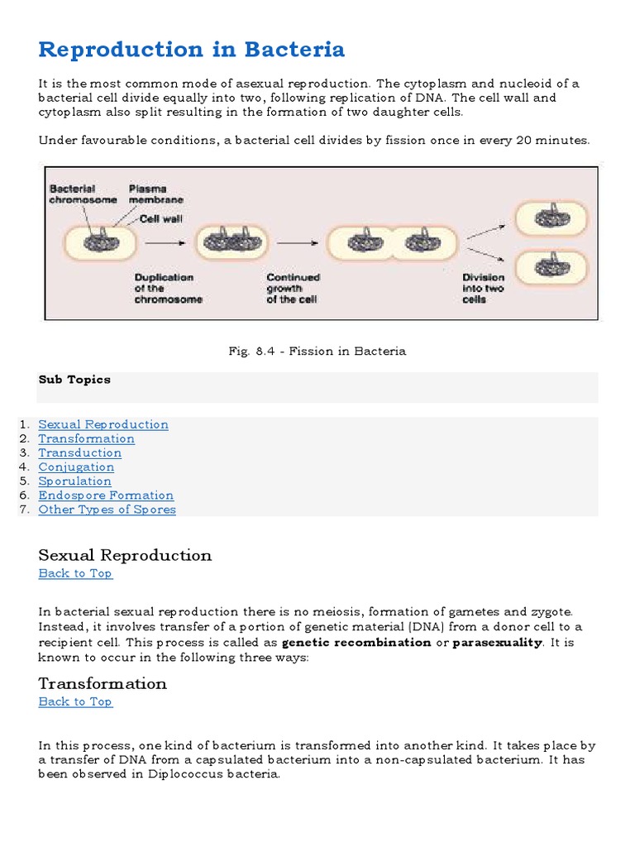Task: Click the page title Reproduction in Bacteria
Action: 191,50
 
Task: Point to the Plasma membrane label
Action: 155,194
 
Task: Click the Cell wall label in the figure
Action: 160,219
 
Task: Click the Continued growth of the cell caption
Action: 293,289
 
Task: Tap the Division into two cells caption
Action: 483,289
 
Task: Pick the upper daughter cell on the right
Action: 551,219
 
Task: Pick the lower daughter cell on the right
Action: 551,267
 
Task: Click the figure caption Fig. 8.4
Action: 317,352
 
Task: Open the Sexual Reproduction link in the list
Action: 103,424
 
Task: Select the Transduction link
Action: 79,452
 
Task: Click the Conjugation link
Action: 76,467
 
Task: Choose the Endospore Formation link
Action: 106,495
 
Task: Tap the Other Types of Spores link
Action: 107,510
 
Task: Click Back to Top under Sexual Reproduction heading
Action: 75,573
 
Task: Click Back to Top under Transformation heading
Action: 75,701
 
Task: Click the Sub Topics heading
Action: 74,380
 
